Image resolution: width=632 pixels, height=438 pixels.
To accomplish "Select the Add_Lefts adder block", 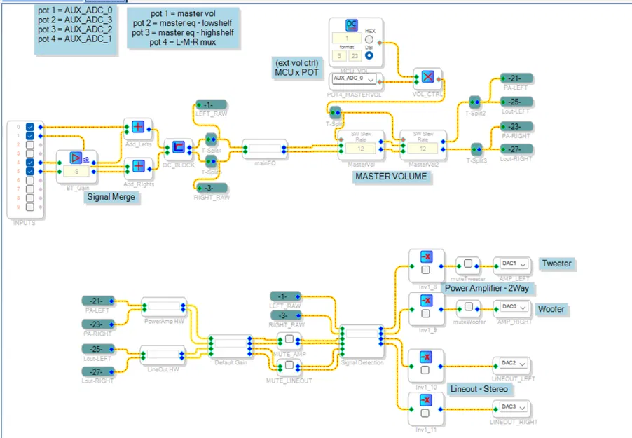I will point(138,127).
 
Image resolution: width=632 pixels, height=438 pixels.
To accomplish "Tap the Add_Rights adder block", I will point(138,166).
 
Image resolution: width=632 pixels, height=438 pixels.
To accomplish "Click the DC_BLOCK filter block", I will point(178,147).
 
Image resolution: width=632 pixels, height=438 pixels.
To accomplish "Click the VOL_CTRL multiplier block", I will point(427,77).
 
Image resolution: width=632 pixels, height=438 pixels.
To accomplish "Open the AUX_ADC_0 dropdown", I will point(355,78).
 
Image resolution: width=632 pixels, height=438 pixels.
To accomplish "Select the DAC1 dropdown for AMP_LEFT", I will point(512,264).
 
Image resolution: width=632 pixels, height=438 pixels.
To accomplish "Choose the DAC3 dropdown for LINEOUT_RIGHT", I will point(512,406).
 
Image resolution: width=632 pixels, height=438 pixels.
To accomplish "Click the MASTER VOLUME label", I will point(390,177).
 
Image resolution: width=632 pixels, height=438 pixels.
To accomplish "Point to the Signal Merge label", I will point(111,198).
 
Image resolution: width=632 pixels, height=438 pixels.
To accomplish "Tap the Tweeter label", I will point(556,264).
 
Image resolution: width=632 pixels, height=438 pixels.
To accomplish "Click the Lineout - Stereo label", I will point(479,388).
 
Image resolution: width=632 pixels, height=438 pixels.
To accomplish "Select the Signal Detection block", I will point(362,338).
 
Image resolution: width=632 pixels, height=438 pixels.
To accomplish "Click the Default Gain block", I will point(231,345).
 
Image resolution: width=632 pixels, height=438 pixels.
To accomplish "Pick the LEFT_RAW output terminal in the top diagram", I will point(212,105).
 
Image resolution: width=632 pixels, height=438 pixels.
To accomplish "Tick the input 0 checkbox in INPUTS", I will point(29,127).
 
